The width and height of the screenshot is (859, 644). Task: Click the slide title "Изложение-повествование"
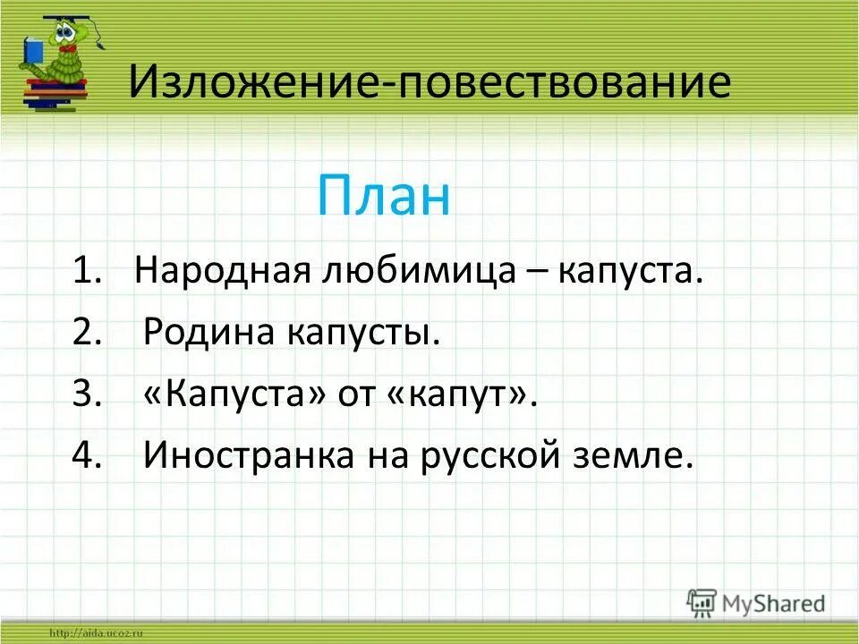tap(429, 83)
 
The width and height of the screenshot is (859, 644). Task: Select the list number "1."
tap(90, 271)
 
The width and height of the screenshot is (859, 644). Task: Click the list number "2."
tap(90, 334)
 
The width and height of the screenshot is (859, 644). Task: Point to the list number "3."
tap(90, 395)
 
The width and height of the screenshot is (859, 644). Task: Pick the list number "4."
tap(90, 457)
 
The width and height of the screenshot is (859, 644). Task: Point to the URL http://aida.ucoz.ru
tap(98, 633)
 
